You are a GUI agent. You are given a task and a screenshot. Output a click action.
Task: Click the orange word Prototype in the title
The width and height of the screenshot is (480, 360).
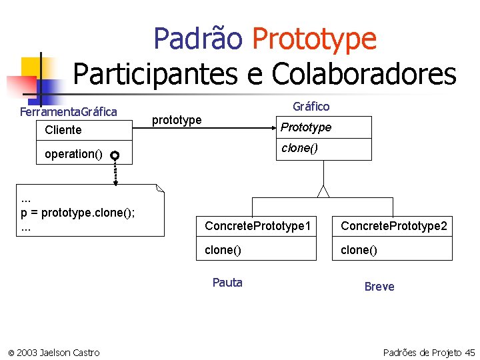click(x=314, y=39)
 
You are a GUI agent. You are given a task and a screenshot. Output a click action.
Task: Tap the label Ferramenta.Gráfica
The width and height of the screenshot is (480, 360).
click(x=69, y=111)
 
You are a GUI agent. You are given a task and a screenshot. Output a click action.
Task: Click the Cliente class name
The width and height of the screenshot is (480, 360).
click(x=63, y=130)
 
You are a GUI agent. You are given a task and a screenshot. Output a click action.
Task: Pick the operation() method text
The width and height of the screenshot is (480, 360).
click(x=73, y=154)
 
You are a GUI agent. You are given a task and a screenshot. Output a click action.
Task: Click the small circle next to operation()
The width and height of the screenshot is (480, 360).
click(x=115, y=155)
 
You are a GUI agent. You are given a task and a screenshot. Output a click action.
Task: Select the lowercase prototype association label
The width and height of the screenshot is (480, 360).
click(x=177, y=120)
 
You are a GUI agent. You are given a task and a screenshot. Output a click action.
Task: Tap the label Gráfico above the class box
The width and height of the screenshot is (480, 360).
click(x=311, y=107)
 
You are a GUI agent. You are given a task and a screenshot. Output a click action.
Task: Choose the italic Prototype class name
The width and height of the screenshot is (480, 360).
click(x=306, y=127)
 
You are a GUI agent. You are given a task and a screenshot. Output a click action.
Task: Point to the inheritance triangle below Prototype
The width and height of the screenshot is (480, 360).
click(x=323, y=191)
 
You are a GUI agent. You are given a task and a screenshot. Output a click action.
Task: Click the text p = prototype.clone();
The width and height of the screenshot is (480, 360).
click(x=79, y=213)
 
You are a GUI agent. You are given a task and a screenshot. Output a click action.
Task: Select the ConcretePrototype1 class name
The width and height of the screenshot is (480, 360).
click(x=258, y=226)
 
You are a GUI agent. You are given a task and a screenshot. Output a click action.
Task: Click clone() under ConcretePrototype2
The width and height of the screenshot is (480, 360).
click(x=359, y=250)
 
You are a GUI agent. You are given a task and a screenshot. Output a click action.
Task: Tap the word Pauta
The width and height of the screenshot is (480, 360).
click(x=227, y=283)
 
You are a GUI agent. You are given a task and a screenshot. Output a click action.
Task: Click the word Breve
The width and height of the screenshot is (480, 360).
click(x=379, y=287)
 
